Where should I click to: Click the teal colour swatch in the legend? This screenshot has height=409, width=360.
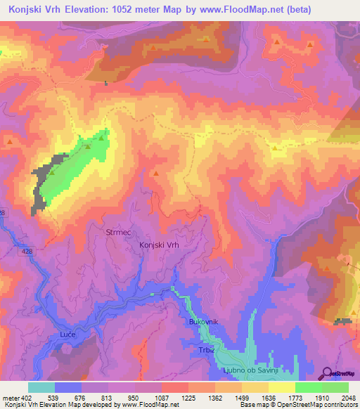click(41, 387)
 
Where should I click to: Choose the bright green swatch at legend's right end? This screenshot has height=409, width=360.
click(335, 387)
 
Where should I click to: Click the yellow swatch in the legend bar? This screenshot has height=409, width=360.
click(282, 387)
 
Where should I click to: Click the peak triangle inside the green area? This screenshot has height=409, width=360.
click(102, 138)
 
